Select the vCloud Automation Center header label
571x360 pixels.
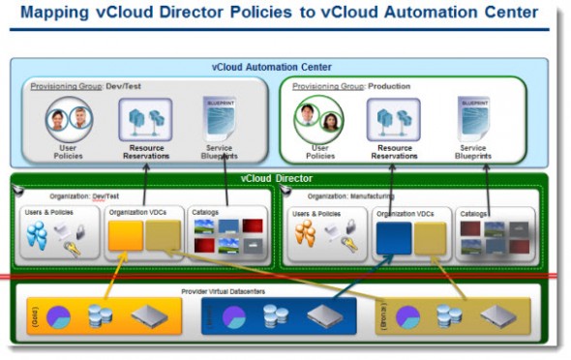(271, 67)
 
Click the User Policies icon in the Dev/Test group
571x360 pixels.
(68, 120)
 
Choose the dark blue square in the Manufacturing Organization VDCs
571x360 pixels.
(393, 238)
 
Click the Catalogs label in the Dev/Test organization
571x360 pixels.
(205, 211)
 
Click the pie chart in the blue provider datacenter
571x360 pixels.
(234, 317)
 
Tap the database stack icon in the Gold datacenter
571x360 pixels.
(99, 316)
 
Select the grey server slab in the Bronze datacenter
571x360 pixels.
(498, 317)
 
